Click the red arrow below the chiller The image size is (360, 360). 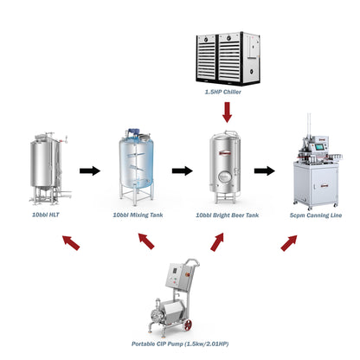228,111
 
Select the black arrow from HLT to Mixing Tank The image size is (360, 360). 89,170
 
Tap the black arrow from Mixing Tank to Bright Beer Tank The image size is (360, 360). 181,170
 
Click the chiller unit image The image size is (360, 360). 228,55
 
